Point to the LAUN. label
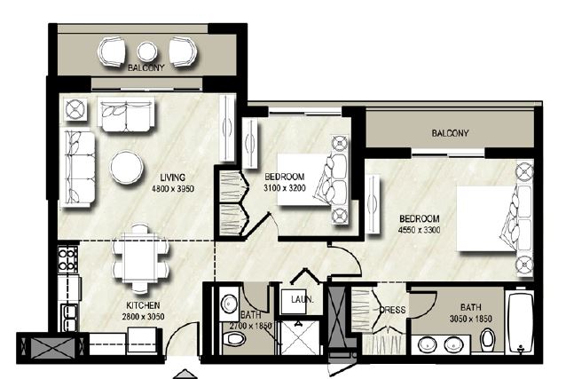point(303,301)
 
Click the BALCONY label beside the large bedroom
point(450,134)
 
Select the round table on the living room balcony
point(147,51)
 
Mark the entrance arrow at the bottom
point(184,372)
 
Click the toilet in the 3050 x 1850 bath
point(485,341)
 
